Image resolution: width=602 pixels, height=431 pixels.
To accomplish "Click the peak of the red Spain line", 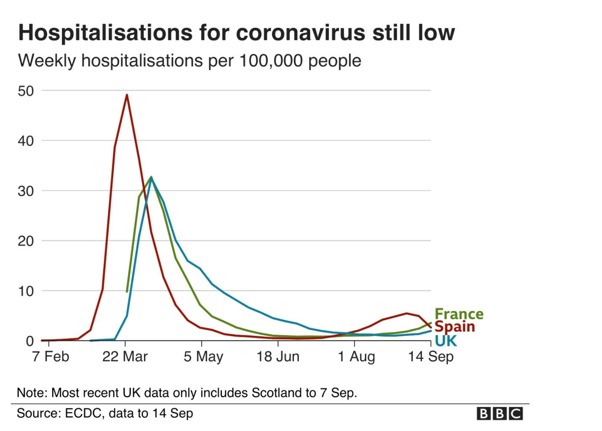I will click(x=127, y=95).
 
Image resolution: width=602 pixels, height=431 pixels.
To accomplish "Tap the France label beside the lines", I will click(x=458, y=314).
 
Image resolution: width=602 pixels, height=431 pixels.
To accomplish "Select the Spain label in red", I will click(x=454, y=327).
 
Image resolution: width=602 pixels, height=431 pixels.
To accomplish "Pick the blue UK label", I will click(x=445, y=341).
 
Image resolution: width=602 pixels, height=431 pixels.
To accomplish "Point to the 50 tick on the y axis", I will click(x=26, y=91).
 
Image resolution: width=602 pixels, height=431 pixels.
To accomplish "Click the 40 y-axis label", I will click(x=26, y=141).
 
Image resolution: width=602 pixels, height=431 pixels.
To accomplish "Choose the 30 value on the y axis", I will click(x=26, y=191).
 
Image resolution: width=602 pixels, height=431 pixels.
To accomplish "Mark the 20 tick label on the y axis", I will click(x=26, y=241).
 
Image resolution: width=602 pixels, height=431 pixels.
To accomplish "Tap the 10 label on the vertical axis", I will click(x=26, y=291).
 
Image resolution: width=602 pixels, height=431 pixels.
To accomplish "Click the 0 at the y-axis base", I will click(x=29, y=341).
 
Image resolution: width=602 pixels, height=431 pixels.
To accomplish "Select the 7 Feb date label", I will click(x=51, y=357).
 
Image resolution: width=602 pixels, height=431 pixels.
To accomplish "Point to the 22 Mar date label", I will click(x=125, y=357).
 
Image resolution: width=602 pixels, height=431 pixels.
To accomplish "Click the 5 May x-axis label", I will click(x=203, y=357).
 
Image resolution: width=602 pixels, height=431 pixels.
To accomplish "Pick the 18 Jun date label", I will click(x=278, y=357).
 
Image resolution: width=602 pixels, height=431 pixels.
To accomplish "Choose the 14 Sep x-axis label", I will click(x=431, y=357).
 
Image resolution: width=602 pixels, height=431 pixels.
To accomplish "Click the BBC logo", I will click(x=500, y=414).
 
